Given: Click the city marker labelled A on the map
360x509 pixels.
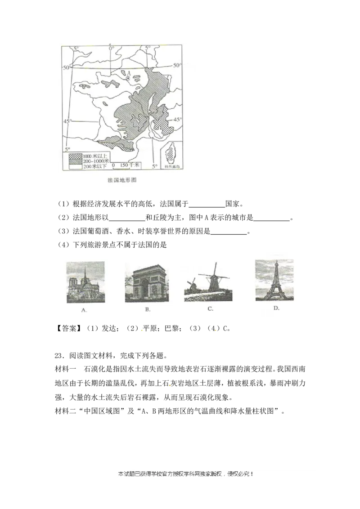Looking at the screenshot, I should click(128, 78).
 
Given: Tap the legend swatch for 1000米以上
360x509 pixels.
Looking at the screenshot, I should click(75, 155).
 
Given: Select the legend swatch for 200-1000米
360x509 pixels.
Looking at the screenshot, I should click(75, 161).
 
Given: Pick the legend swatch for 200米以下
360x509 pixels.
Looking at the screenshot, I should click(75, 166).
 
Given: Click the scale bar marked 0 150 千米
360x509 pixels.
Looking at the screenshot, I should click(126, 165).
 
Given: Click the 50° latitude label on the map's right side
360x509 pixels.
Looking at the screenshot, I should click(178, 66).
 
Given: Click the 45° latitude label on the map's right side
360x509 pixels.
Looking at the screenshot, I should click(178, 120).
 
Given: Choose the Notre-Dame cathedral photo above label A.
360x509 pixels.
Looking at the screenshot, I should click(85, 282).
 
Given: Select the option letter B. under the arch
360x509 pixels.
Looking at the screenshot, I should click(148, 309).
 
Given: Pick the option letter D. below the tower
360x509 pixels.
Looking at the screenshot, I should click(276, 308).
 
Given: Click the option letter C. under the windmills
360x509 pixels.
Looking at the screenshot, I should click(210, 309).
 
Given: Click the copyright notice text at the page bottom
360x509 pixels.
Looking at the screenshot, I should click(185, 474).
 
